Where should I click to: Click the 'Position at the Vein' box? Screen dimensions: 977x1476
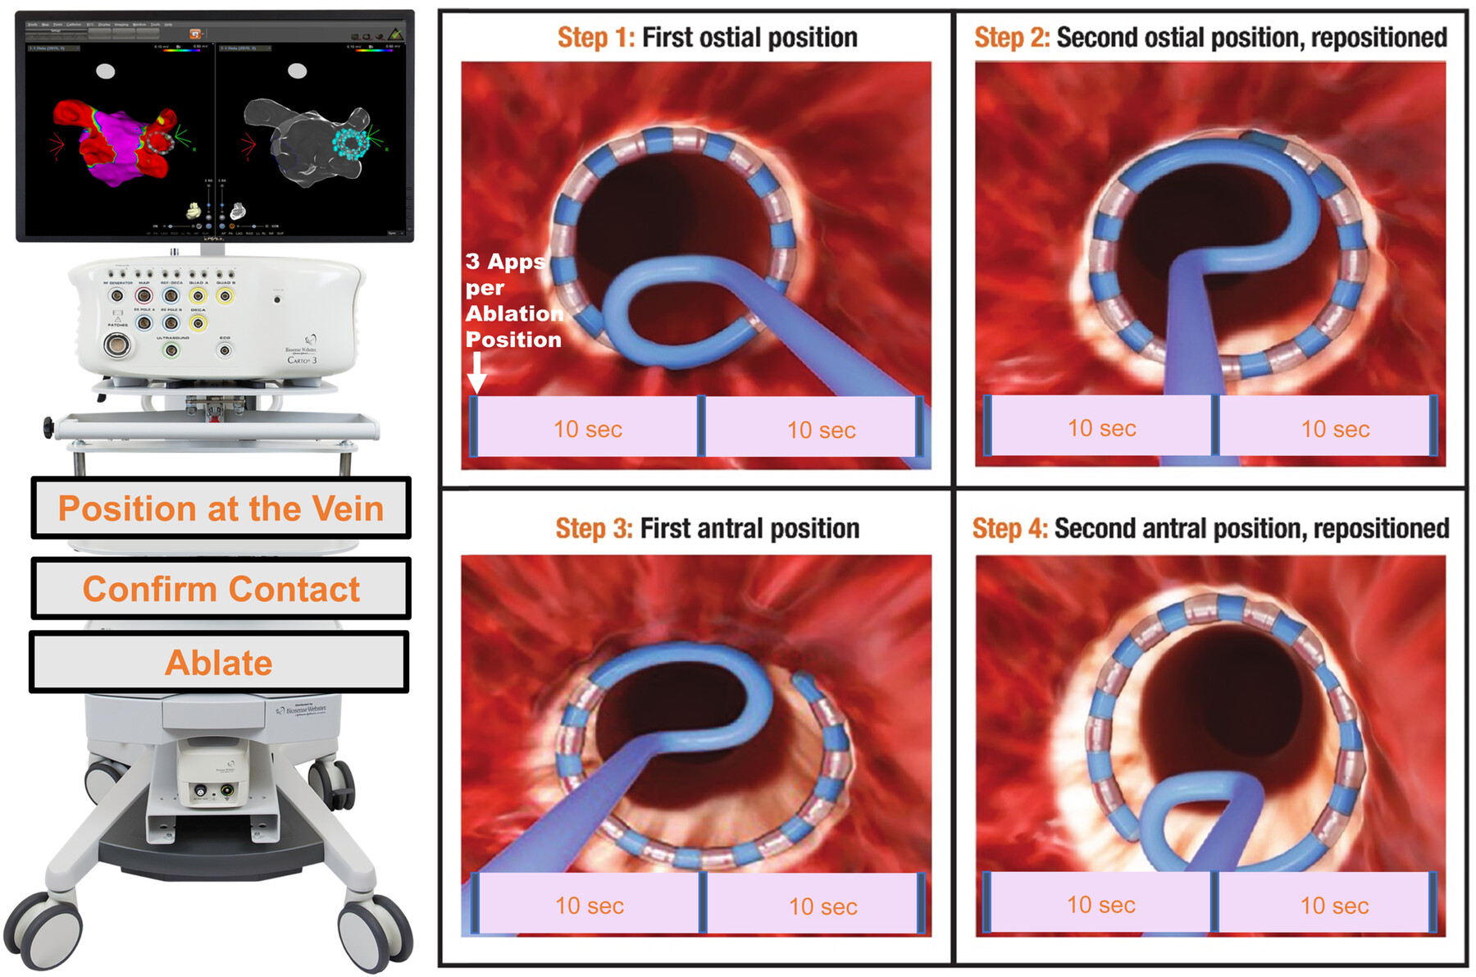coord(221,509)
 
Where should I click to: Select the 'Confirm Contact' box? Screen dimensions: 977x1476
coord(221,589)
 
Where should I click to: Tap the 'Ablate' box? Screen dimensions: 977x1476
coord(219,663)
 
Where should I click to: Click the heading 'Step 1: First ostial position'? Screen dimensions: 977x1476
coord(707,38)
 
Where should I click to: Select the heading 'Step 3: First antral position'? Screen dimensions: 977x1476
coord(707,528)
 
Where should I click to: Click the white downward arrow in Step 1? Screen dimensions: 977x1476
coord(476,374)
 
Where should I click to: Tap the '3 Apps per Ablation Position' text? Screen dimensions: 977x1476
coord(512,300)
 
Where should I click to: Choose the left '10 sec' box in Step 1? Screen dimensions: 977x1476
coord(587,428)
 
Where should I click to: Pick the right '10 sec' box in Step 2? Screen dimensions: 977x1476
coord(1335,428)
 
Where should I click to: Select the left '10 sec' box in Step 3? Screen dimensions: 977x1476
coord(589,905)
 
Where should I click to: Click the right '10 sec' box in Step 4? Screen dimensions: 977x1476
coord(1334,905)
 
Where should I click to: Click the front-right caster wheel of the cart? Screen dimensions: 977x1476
coord(374,931)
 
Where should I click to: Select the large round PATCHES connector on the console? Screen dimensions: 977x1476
coord(116,345)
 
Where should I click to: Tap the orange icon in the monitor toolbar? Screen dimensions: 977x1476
coord(195,34)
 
